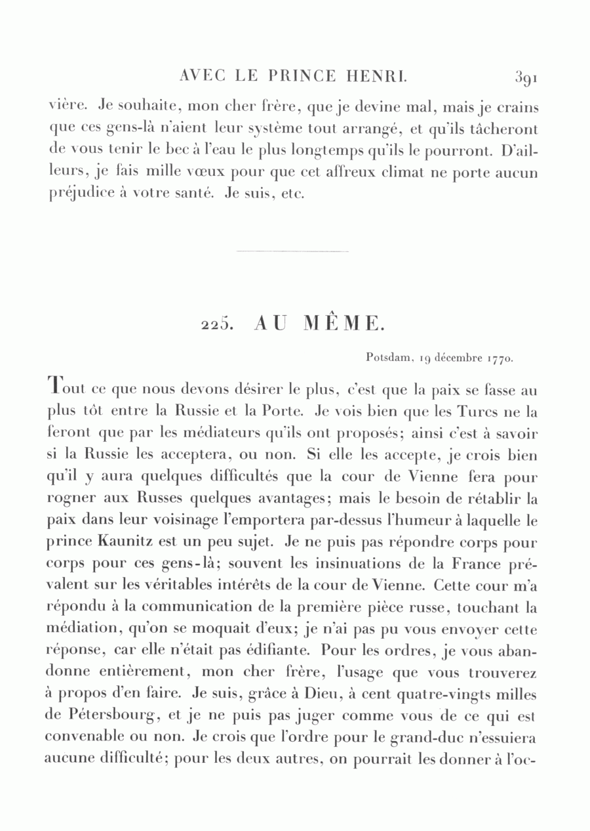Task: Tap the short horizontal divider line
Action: pyautogui.click(x=292, y=251)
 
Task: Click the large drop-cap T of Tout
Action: pyautogui.click(x=56, y=388)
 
